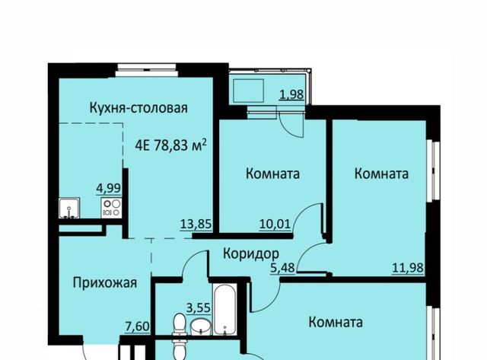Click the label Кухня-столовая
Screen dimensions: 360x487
click(138, 107)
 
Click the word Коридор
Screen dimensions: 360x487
click(250, 253)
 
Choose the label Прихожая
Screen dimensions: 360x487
click(105, 283)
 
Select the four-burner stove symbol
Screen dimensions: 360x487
click(113, 206)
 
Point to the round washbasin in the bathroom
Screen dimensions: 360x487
click(200, 328)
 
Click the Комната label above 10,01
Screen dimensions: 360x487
click(272, 174)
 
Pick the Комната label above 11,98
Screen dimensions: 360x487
click(381, 174)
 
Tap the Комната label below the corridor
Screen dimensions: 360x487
click(336, 322)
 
